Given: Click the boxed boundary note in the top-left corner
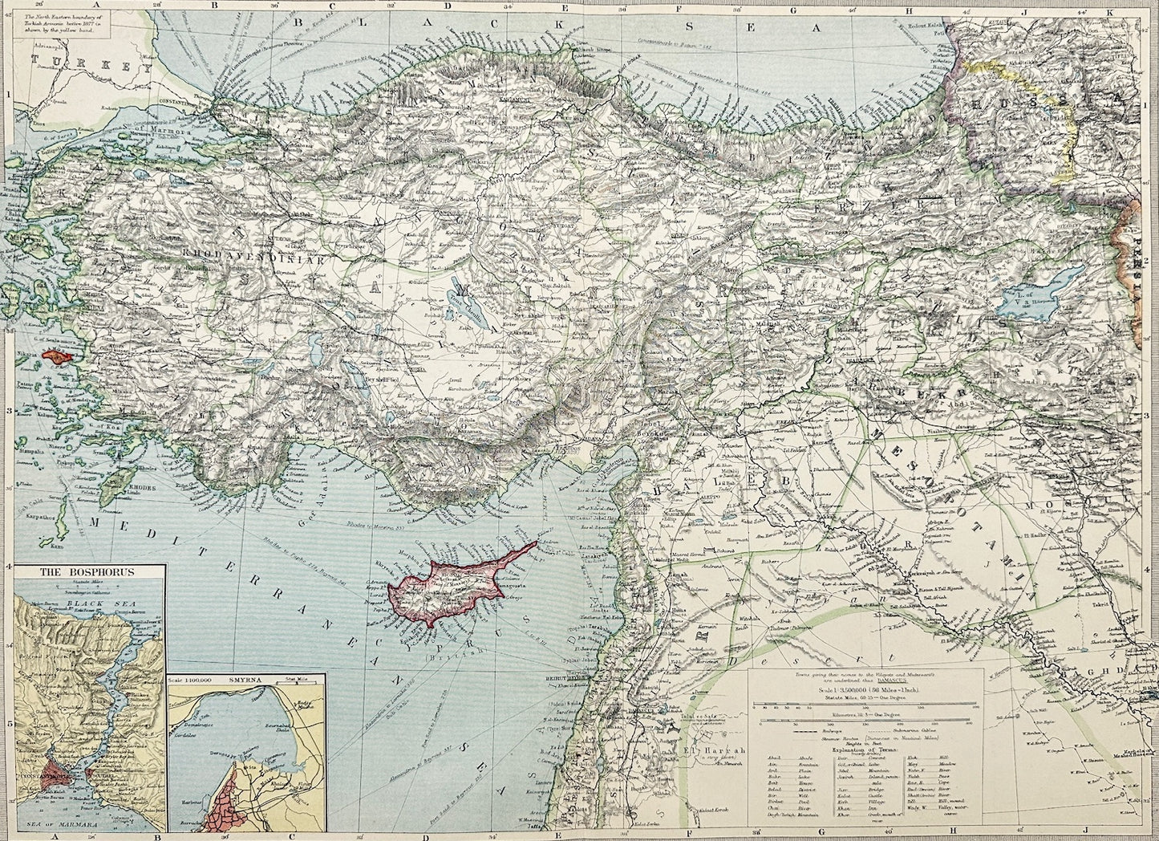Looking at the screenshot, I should tap(72, 18).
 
